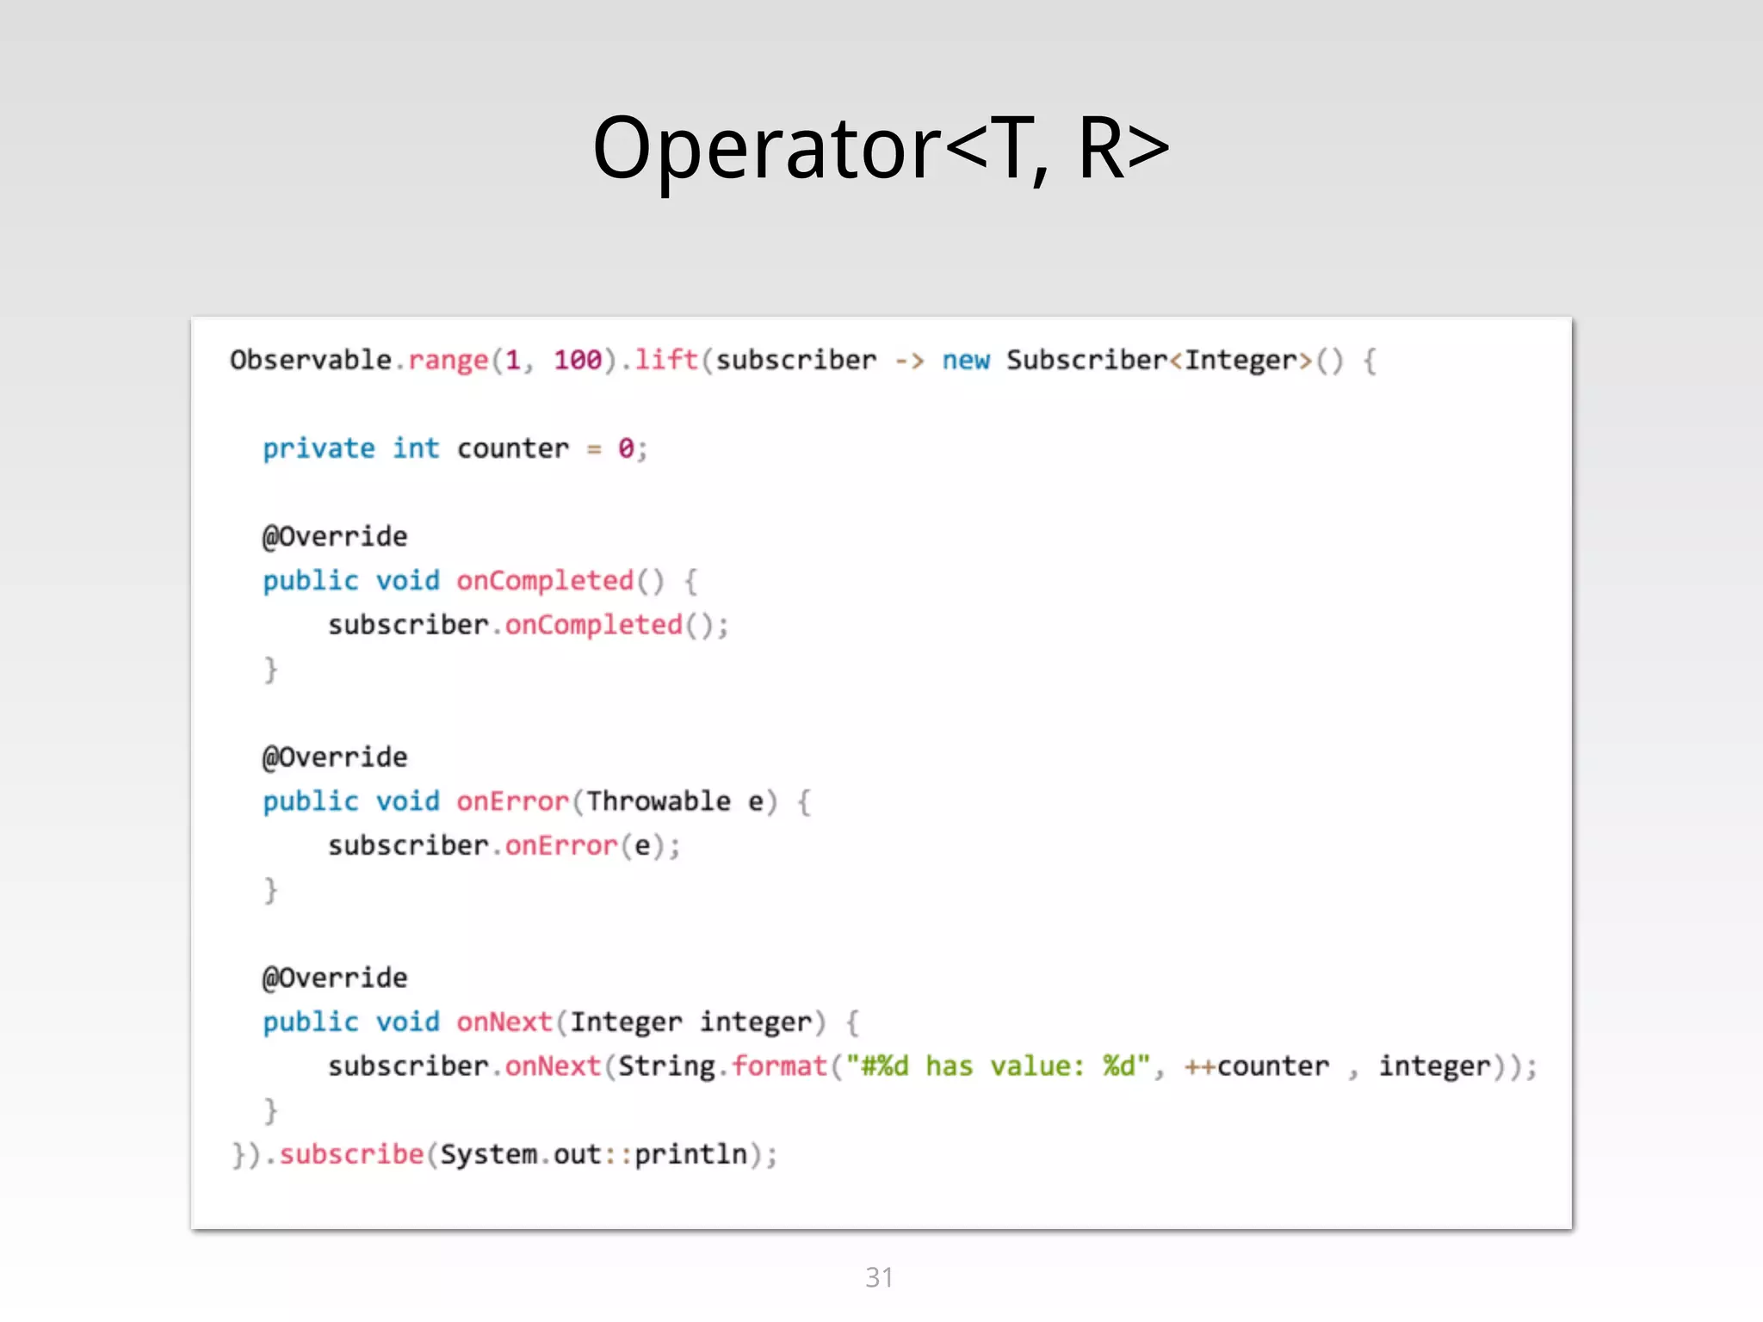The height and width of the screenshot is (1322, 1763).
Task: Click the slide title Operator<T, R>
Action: tap(881, 149)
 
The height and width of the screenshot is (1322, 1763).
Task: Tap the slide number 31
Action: tap(879, 1277)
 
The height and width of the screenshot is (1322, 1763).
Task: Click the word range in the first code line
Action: tap(448, 360)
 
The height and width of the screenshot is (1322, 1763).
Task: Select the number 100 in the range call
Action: tap(577, 360)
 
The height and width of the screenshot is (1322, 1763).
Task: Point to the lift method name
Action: tap(665, 360)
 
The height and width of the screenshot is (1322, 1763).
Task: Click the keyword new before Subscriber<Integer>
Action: tap(965, 360)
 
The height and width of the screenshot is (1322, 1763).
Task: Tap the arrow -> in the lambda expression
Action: tap(909, 360)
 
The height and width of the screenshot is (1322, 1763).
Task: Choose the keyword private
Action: tap(319, 448)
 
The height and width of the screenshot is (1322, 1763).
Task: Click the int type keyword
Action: tap(416, 448)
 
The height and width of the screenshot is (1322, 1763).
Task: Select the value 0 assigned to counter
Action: tap(626, 448)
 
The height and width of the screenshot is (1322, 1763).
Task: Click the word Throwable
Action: tap(659, 801)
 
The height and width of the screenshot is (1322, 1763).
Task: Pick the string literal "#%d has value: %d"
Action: tap(998, 1066)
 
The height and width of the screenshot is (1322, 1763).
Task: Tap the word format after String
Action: tap(779, 1066)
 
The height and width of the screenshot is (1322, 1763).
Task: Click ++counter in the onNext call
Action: tap(1256, 1066)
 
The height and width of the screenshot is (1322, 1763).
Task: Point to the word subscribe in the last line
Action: tap(351, 1154)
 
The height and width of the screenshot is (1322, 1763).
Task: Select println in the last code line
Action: tap(690, 1154)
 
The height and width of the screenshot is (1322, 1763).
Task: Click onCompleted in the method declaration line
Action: tap(545, 581)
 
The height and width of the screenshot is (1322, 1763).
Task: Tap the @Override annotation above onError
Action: tap(335, 757)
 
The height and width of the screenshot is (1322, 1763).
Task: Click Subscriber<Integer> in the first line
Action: tap(1159, 360)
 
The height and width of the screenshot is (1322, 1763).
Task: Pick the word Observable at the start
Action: tap(311, 360)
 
